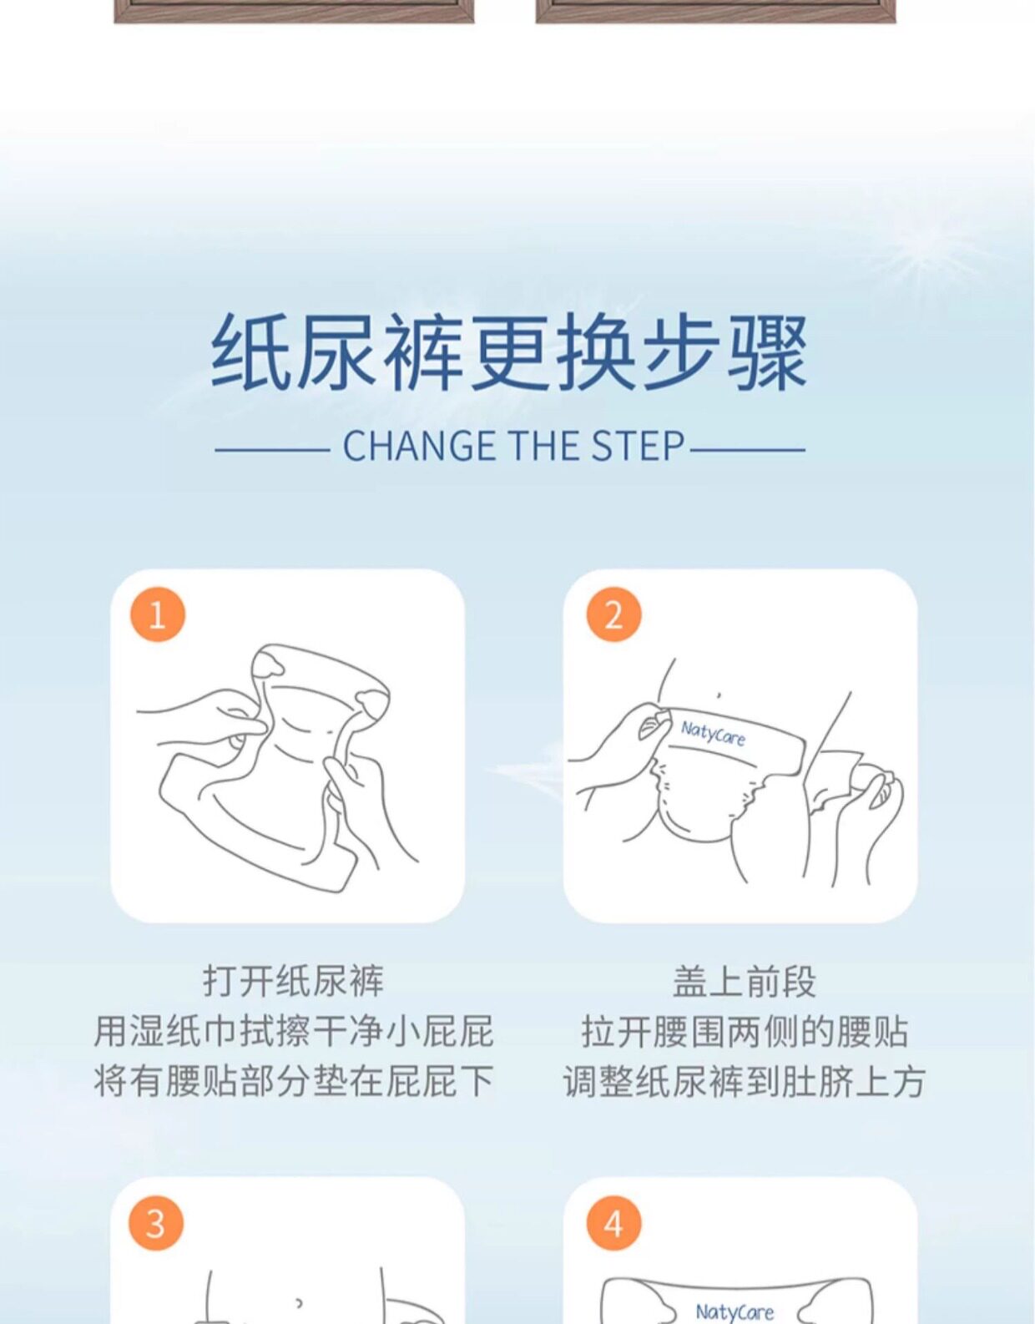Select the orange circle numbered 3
[x=156, y=1222]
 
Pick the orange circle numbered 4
[x=613, y=1222]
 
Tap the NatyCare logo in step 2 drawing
[x=713, y=733]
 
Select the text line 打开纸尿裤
[x=294, y=982]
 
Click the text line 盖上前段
[x=744, y=982]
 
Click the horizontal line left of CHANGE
[x=272, y=451]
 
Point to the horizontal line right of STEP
[x=748, y=451]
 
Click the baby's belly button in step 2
[x=719, y=694]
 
